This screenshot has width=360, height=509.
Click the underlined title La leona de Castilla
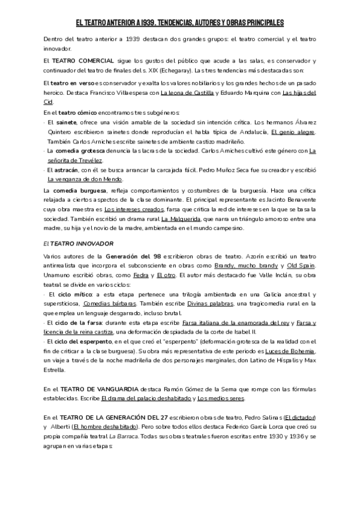pyautogui.click(x=172, y=93)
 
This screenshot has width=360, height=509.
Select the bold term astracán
pyautogui.click(x=65, y=170)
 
